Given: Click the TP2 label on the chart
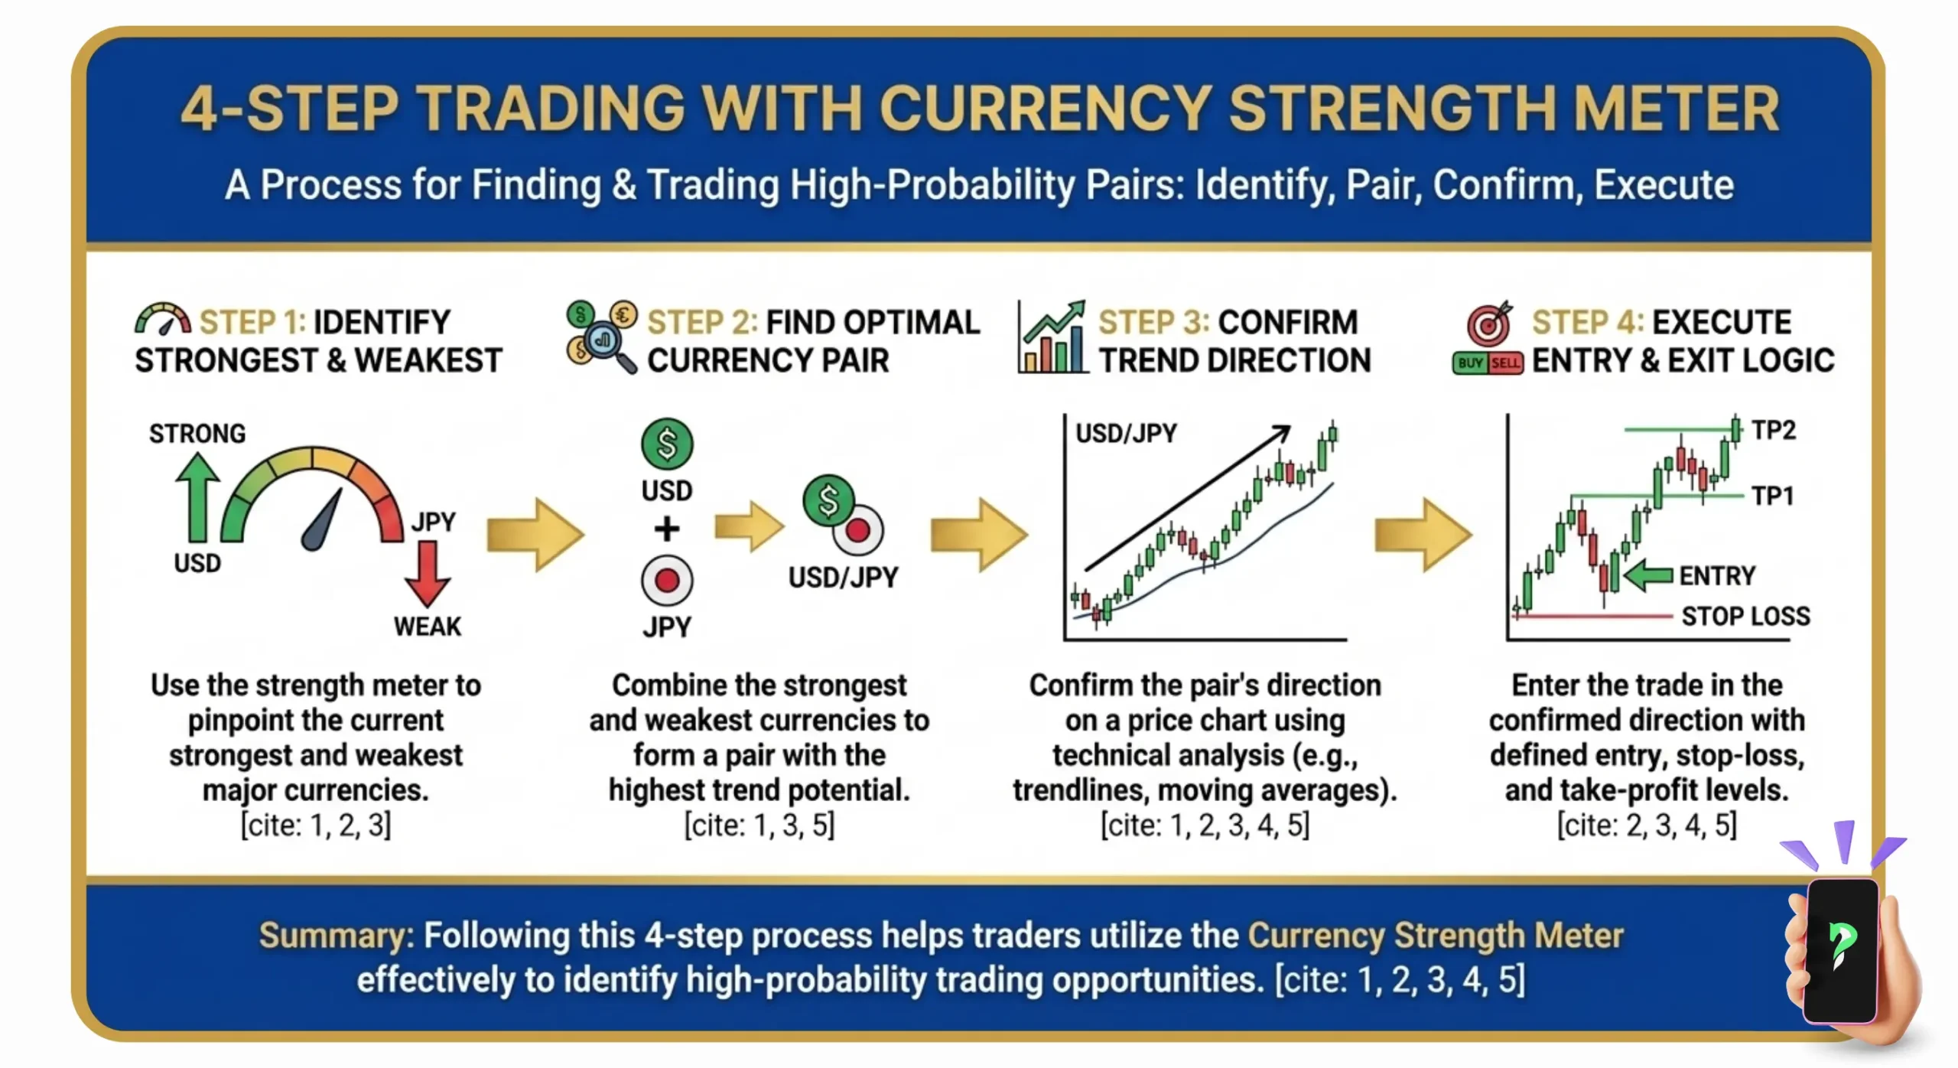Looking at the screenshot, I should (1773, 430).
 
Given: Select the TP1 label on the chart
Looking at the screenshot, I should (1773, 496).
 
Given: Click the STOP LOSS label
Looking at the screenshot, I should (1745, 617).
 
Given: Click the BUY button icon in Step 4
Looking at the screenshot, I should (1470, 363).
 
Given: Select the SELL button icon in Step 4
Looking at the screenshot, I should (1505, 363).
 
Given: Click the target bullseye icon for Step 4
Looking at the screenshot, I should (1488, 324).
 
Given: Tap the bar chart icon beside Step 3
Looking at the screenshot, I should (1052, 338).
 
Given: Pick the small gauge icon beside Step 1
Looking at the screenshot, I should (163, 320).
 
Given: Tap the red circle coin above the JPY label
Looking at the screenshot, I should (667, 581).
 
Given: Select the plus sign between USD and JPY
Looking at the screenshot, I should (667, 529).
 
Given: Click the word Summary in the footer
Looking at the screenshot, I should (336, 936).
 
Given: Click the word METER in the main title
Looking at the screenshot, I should (1676, 109).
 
